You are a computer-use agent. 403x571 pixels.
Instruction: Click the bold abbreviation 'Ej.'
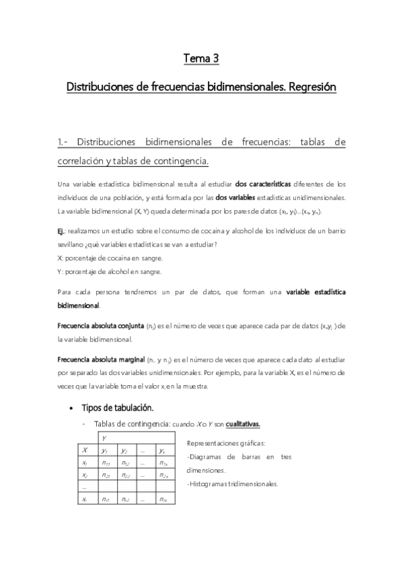pos(63,231)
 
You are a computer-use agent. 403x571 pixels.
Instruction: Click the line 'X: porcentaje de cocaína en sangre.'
pos(110,257)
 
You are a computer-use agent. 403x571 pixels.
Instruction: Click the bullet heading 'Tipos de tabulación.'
pos(118,408)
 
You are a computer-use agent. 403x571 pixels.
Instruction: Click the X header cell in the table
pos(84,450)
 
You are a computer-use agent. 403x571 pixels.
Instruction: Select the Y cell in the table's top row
pos(104,438)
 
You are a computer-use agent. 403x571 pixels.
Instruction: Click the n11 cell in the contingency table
pos(106,463)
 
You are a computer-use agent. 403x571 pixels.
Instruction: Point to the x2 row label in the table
pos(84,475)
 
